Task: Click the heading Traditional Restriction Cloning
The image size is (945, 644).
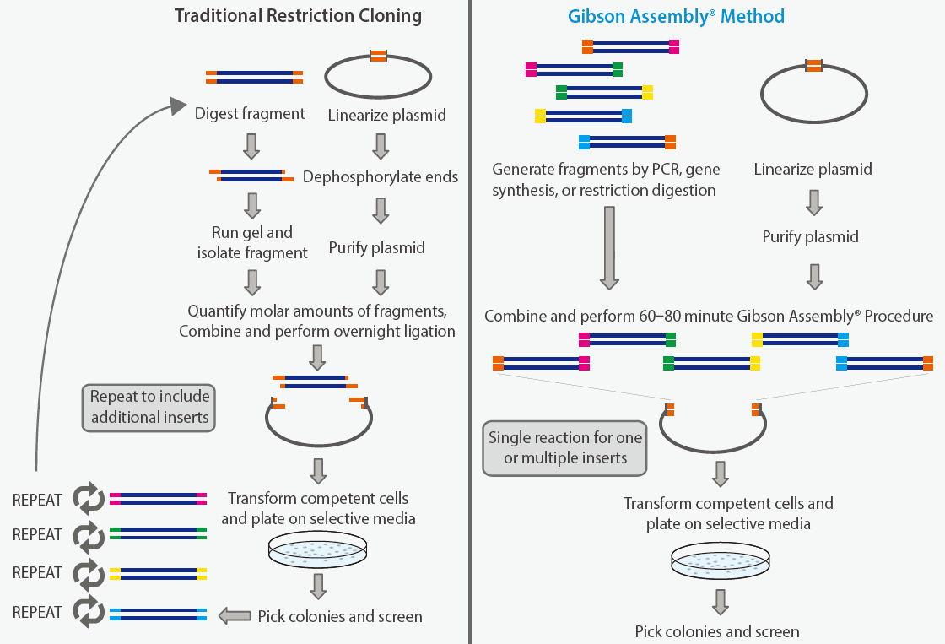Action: click(x=298, y=16)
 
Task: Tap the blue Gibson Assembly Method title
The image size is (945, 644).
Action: click(x=676, y=16)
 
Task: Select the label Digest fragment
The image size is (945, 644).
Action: click(x=250, y=114)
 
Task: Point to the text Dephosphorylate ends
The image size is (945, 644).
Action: click(x=381, y=176)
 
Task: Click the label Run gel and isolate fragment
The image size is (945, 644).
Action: click(x=252, y=242)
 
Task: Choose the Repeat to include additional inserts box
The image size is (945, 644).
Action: click(x=148, y=408)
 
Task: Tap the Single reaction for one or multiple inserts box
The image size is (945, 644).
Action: click(x=564, y=448)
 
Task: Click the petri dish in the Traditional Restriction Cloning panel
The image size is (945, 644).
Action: click(x=317, y=549)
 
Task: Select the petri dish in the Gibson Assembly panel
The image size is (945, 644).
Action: click(x=721, y=560)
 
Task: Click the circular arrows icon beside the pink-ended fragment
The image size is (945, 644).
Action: click(x=89, y=499)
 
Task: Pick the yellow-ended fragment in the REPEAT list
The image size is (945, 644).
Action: click(x=158, y=573)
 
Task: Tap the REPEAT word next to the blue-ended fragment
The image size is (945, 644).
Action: click(x=37, y=612)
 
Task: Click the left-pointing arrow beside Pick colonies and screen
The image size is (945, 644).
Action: click(x=235, y=615)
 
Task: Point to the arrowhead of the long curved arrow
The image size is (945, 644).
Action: click(x=178, y=106)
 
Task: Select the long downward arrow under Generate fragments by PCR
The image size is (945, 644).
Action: click(x=609, y=248)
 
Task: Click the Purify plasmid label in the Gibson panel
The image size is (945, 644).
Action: click(x=810, y=236)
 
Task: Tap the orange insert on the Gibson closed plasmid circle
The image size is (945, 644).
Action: click(x=814, y=66)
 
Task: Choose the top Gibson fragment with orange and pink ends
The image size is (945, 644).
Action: click(x=630, y=46)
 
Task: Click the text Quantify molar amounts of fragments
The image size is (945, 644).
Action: click(x=317, y=311)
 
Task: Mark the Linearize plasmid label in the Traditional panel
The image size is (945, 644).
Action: click(x=387, y=115)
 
